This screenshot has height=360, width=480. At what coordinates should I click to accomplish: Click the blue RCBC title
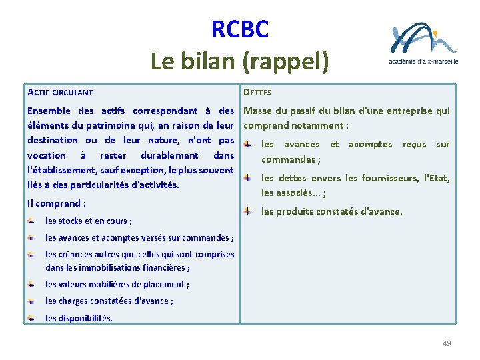(x=240, y=29)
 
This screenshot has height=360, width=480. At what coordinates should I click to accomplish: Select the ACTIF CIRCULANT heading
(x=60, y=92)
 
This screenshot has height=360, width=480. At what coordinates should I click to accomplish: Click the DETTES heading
(x=257, y=92)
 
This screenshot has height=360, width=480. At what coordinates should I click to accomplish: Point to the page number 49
(x=447, y=343)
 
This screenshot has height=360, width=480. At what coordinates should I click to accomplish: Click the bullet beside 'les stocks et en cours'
(x=31, y=221)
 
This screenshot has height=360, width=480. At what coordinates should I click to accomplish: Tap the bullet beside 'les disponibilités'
(x=31, y=317)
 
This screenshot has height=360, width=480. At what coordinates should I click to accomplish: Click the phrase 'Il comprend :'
(x=57, y=203)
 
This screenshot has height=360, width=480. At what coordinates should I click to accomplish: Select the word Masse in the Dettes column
(x=259, y=111)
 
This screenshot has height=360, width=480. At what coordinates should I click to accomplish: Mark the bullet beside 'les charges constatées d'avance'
(x=31, y=301)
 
